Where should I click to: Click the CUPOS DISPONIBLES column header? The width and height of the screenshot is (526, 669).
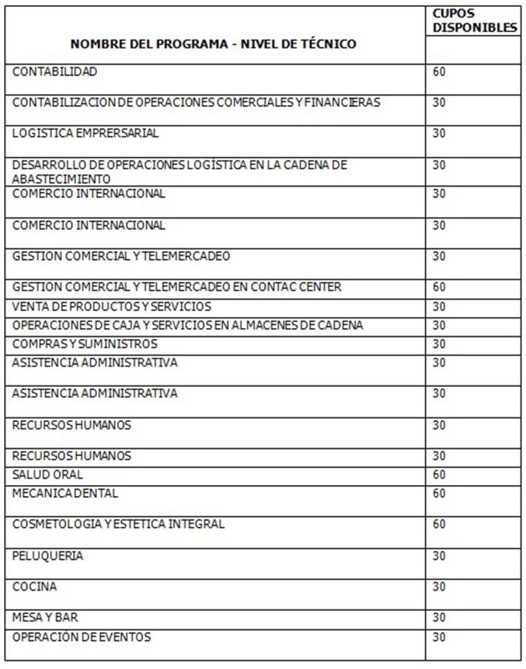pos(474,21)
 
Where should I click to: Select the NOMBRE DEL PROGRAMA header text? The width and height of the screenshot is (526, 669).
pos(149,44)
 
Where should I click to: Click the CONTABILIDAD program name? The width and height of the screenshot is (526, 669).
pos(55,71)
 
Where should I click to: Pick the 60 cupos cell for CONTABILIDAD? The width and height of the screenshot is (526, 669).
pos(439,71)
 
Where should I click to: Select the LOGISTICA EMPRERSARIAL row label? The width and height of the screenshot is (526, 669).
pos(85,134)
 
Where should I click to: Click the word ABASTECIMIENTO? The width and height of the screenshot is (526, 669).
pos(61,178)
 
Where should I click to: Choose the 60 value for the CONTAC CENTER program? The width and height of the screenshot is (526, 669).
pos(439,286)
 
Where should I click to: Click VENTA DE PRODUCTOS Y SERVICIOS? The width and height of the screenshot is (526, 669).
pos(111,306)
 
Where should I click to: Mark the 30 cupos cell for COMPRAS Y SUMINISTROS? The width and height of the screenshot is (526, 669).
pos(439,344)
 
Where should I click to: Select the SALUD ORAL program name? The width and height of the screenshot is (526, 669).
pos(47,475)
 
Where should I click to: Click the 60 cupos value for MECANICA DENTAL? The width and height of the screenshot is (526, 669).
pos(439,493)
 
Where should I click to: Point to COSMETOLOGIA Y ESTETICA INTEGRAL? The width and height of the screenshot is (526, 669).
pos(118,524)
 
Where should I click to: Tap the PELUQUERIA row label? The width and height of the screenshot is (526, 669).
pos(48,556)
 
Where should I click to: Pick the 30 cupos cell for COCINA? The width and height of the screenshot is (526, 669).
pos(439,587)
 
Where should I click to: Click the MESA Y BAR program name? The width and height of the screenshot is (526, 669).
pos(45,617)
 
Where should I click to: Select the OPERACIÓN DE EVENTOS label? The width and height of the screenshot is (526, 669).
pos(81,636)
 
